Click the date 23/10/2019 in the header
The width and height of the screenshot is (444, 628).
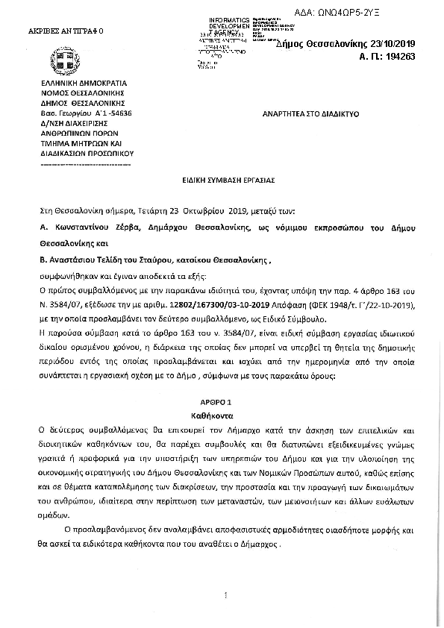[407, 44]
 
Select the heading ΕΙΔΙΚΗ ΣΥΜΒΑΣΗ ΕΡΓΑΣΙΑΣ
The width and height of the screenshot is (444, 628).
[222, 180]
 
